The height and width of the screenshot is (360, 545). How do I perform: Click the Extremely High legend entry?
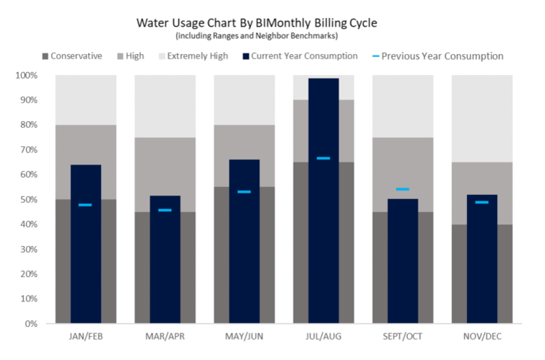point(191,56)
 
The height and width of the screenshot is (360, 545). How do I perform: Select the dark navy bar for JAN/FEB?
point(85,245)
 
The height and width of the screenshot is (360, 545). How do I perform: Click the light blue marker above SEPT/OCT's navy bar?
point(402,189)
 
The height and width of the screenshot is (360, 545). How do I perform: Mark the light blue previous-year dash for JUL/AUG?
point(323,158)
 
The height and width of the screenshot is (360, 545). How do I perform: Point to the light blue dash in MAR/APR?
point(165,210)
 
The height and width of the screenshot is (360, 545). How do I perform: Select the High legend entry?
point(135,56)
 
